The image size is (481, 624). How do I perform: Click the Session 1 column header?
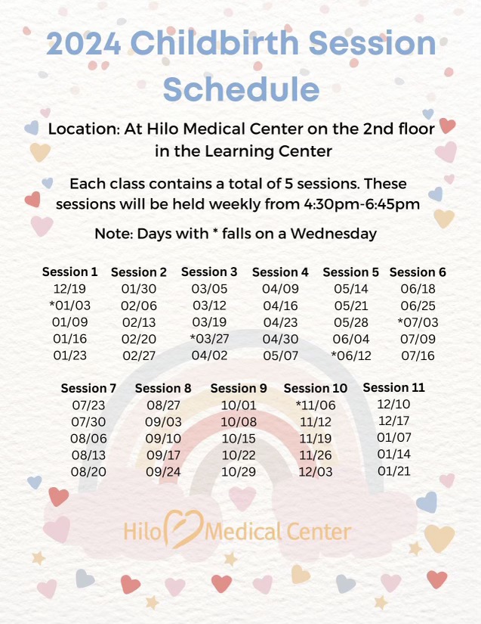(x=70, y=272)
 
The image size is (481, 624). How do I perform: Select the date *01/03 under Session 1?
(x=70, y=306)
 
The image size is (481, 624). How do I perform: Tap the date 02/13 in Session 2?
(x=138, y=322)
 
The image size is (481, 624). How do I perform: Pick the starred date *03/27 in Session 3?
(x=209, y=338)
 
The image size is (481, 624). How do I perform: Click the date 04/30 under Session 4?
(x=280, y=338)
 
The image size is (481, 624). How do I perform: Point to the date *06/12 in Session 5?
(x=351, y=355)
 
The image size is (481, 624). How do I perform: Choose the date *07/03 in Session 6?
(x=418, y=322)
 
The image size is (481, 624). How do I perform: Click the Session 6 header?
(x=418, y=272)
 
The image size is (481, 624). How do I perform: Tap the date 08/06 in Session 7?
(x=88, y=439)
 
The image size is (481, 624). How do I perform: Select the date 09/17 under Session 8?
(x=163, y=455)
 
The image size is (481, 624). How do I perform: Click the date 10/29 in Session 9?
(x=239, y=472)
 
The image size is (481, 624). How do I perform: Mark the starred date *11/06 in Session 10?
(x=315, y=405)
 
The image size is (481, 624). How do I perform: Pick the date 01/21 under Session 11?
(x=394, y=470)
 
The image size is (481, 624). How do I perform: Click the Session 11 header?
(x=394, y=388)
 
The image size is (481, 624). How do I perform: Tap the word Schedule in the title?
(x=241, y=88)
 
